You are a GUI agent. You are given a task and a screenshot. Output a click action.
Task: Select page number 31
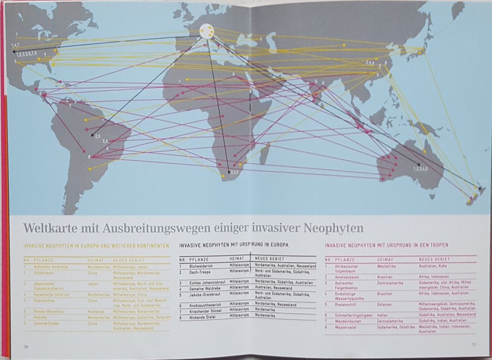click(x=473, y=344)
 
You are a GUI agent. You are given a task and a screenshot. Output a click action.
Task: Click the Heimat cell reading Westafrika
click(x=387, y=266)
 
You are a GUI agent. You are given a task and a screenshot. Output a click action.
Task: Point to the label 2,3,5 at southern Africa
click(x=233, y=172)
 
